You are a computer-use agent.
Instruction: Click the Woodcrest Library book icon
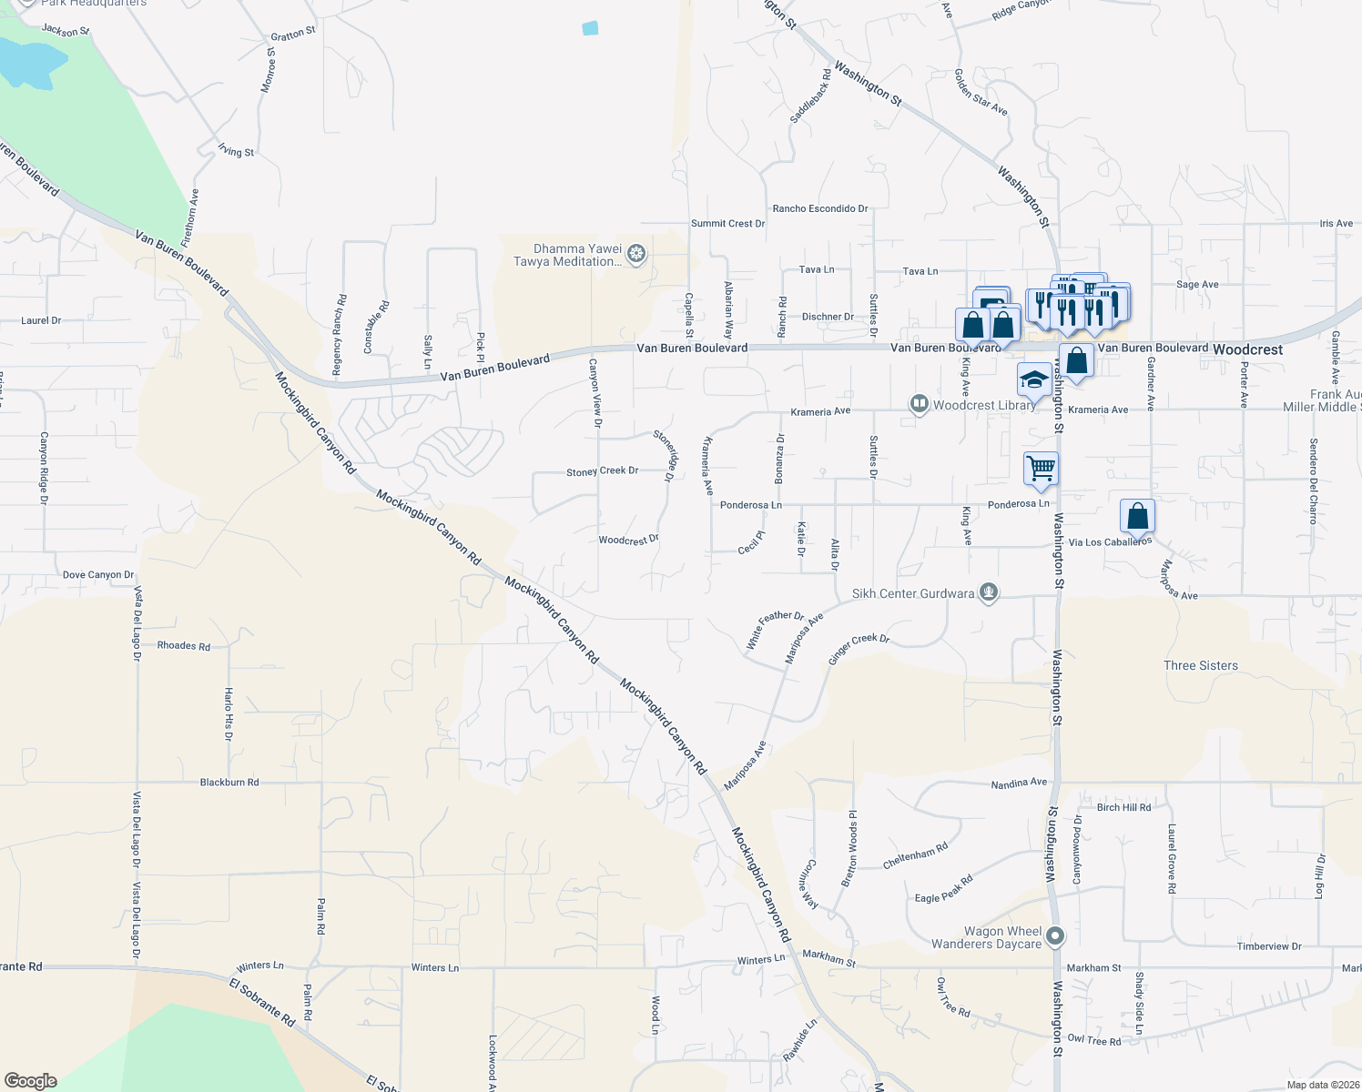coord(920,404)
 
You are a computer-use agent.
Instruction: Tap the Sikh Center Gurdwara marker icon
coord(989,593)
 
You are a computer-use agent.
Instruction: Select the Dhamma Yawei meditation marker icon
coord(637,254)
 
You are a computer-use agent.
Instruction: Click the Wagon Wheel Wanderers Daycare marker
coord(1055,935)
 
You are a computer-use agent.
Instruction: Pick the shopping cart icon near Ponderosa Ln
coord(1041,469)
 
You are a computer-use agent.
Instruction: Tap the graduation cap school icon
coord(1034,379)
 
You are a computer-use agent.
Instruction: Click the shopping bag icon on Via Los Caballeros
coord(1137,516)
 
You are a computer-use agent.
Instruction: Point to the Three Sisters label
coord(1200,665)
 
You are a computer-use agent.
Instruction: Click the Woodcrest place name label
coord(1248,349)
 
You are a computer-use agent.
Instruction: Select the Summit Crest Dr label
coord(727,223)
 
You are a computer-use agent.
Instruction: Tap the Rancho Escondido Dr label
coord(820,208)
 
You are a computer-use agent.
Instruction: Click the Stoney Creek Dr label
coord(602,471)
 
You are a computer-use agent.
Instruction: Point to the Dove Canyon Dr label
coord(98,575)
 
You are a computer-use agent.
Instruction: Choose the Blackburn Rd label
coord(229,782)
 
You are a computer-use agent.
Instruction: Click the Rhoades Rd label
coord(183,646)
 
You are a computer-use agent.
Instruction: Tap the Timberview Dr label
coord(1269,946)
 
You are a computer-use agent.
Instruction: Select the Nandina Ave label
coord(1019,783)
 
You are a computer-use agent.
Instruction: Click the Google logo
coord(30,1080)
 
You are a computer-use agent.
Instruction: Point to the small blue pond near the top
coord(590,27)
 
